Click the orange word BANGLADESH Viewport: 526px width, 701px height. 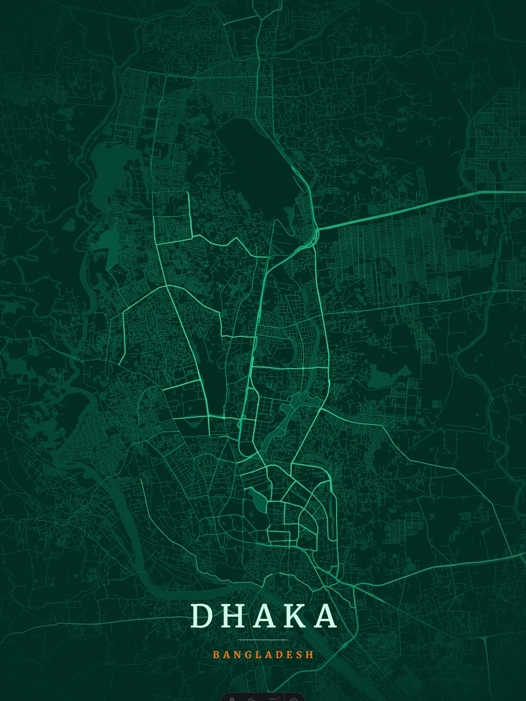[x=263, y=655]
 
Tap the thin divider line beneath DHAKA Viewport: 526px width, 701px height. [x=263, y=640]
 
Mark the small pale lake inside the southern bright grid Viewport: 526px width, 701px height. [x=257, y=500]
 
